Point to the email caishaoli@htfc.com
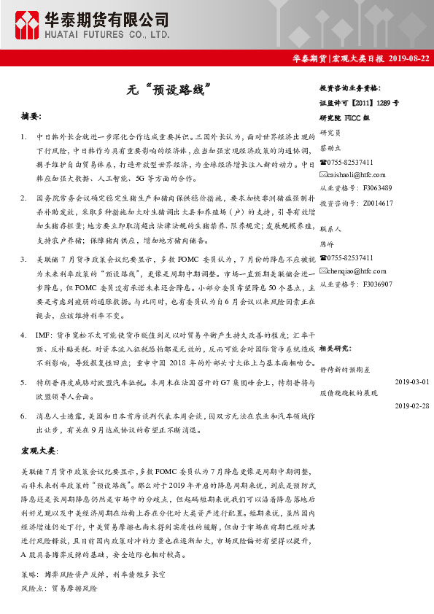[356, 175]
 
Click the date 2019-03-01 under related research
[411, 381]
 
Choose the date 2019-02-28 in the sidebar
[411, 405]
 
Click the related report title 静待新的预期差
[349, 369]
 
